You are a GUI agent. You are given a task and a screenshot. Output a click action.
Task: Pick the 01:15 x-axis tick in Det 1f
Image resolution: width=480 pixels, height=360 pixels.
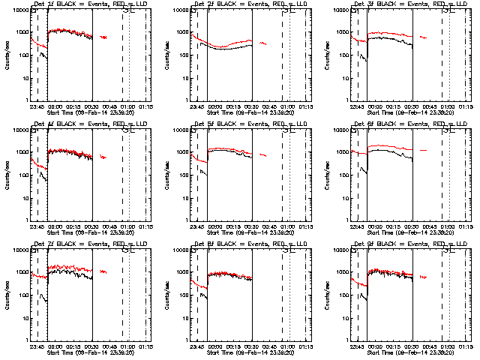pyautogui.click(x=146, y=106)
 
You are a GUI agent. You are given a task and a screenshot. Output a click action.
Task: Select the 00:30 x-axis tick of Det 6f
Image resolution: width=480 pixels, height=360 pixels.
pyautogui.click(x=410, y=226)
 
